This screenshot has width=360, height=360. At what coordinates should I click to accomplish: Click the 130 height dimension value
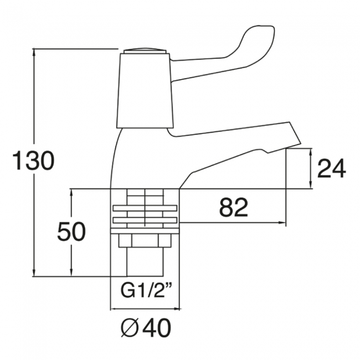[34, 161]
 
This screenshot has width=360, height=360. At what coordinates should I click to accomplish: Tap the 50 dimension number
[71, 231]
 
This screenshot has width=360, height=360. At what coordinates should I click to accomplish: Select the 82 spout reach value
[234, 208]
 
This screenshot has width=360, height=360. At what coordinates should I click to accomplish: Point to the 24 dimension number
[331, 168]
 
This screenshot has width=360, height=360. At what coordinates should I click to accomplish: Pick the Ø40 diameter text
[146, 328]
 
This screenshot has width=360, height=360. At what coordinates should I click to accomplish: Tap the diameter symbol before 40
[129, 328]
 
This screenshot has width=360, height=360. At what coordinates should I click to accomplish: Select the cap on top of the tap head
[145, 51]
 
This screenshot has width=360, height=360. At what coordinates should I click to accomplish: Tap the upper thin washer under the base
[145, 208]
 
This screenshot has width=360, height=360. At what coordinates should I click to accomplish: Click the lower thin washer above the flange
[145, 220]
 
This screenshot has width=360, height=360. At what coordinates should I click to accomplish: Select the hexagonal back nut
[145, 241]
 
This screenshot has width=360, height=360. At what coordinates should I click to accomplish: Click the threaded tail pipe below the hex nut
[145, 262]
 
